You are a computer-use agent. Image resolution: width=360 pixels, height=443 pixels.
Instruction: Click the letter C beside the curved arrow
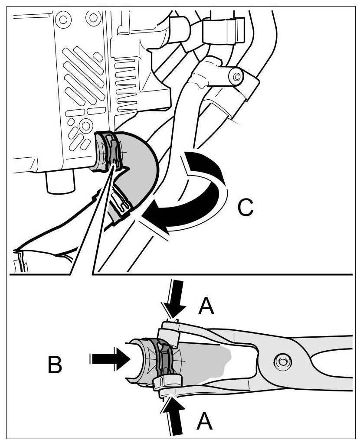coord(245,208)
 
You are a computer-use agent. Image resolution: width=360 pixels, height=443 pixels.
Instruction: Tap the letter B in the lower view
coord(55,365)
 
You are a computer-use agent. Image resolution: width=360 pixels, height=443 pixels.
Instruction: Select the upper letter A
coord(206,306)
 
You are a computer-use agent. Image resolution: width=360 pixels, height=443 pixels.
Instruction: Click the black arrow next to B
coord(110,359)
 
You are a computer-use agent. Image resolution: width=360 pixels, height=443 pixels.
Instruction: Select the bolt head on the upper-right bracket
coord(237,78)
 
